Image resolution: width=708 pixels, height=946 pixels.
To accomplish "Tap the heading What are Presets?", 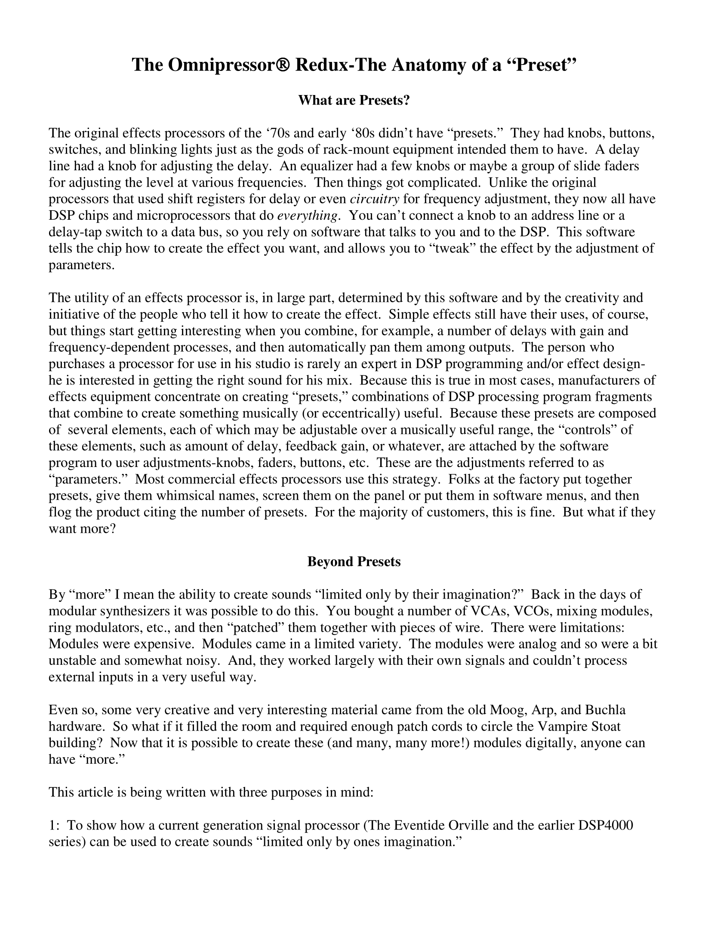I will tap(354, 101).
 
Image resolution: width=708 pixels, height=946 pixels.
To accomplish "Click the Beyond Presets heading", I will tap(354, 562).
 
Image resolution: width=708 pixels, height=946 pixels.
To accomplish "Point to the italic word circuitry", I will tap(375, 199).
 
